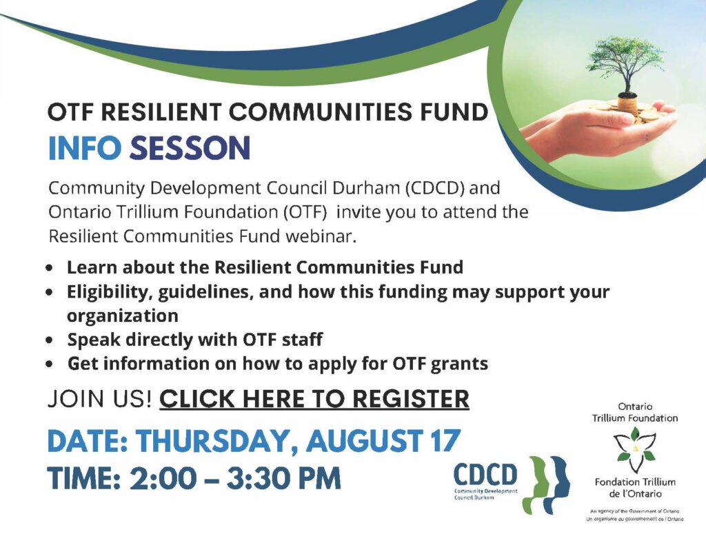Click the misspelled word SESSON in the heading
click(x=190, y=148)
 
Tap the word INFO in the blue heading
click(x=85, y=148)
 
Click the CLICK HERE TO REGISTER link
click(x=314, y=399)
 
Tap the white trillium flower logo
click(x=635, y=449)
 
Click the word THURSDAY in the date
click(x=217, y=441)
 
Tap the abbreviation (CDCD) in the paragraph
click(x=436, y=187)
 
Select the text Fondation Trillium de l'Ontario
click(x=635, y=488)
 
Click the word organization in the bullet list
click(x=123, y=316)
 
